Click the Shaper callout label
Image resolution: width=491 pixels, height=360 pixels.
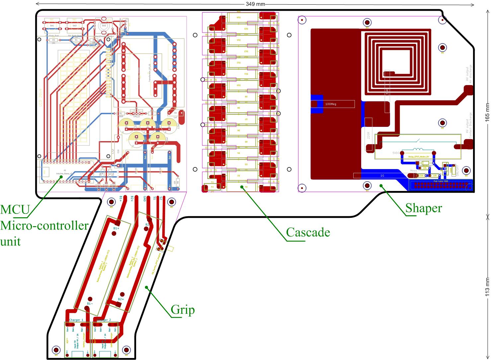click(x=424, y=208)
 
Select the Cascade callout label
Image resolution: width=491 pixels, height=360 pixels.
click(x=308, y=232)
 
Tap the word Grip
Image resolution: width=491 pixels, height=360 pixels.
click(x=183, y=310)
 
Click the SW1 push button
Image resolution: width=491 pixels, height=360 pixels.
click(x=52, y=25)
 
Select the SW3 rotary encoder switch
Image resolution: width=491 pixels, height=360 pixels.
click(x=104, y=25)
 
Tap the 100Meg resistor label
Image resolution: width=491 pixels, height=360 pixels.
click(x=331, y=104)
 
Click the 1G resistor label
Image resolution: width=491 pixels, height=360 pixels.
click(x=382, y=175)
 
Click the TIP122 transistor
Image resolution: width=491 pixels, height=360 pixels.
click(x=136, y=117)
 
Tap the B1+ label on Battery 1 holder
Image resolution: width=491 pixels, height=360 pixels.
click(x=116, y=228)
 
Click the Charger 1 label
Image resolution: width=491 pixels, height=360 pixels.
click(x=76, y=320)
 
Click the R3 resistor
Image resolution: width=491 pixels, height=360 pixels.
click(x=53, y=40)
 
